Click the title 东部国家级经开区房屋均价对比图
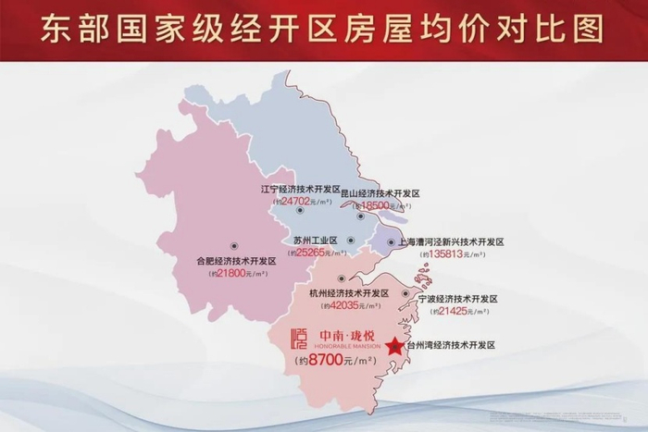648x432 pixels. pyautogui.click(x=323, y=28)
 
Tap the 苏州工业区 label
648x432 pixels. pyautogui.click(x=315, y=240)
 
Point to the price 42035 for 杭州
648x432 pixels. pyautogui.click(x=352, y=306)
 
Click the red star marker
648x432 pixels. pyautogui.click(x=394, y=347)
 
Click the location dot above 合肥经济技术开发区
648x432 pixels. pyautogui.click(x=235, y=246)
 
